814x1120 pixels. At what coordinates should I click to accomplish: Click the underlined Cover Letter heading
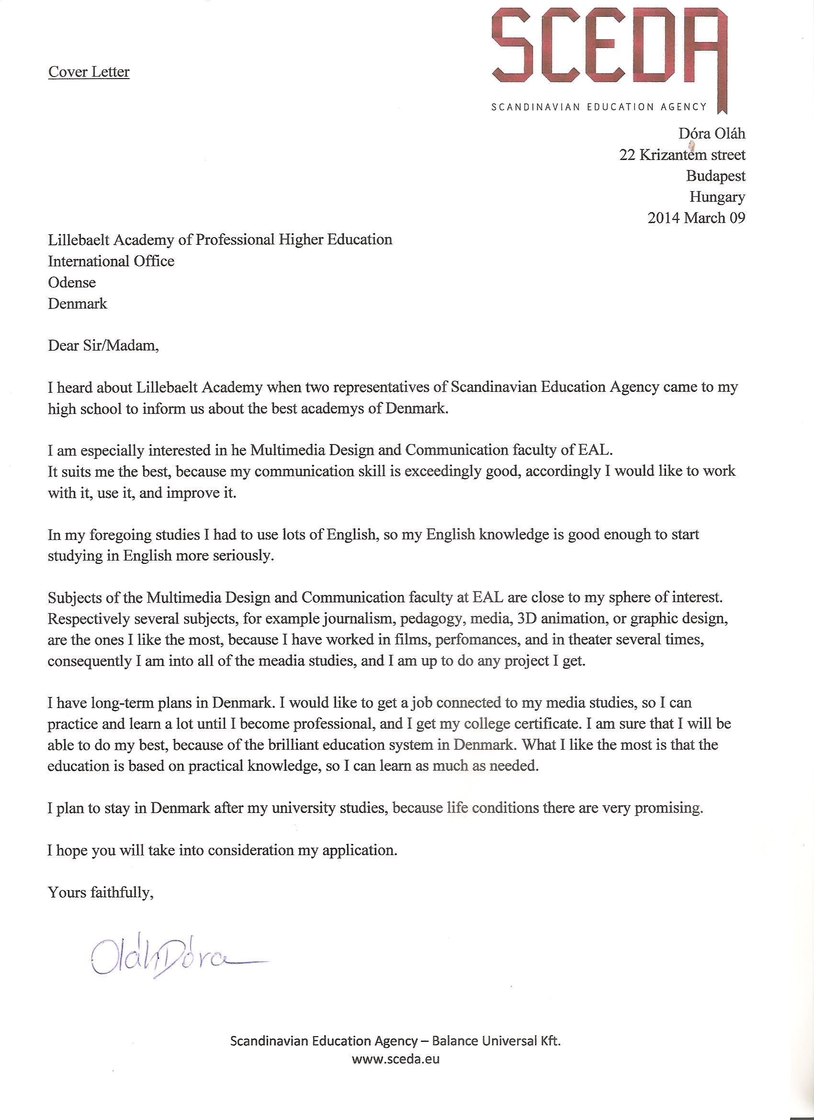pyautogui.click(x=89, y=72)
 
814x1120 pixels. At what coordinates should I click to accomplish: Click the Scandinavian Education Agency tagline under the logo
pyautogui.click(x=599, y=107)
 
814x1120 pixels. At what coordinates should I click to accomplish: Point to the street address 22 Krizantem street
pyautogui.click(x=682, y=155)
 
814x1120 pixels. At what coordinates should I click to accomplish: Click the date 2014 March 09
pyautogui.click(x=696, y=218)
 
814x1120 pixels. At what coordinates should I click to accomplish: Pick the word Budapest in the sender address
pyautogui.click(x=715, y=176)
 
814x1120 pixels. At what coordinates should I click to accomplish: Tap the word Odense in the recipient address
pyautogui.click(x=72, y=283)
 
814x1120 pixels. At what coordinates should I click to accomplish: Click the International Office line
pyautogui.click(x=111, y=261)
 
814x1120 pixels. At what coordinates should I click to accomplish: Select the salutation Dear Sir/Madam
pyautogui.click(x=103, y=345)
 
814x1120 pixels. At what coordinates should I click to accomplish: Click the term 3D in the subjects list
pyautogui.click(x=525, y=619)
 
